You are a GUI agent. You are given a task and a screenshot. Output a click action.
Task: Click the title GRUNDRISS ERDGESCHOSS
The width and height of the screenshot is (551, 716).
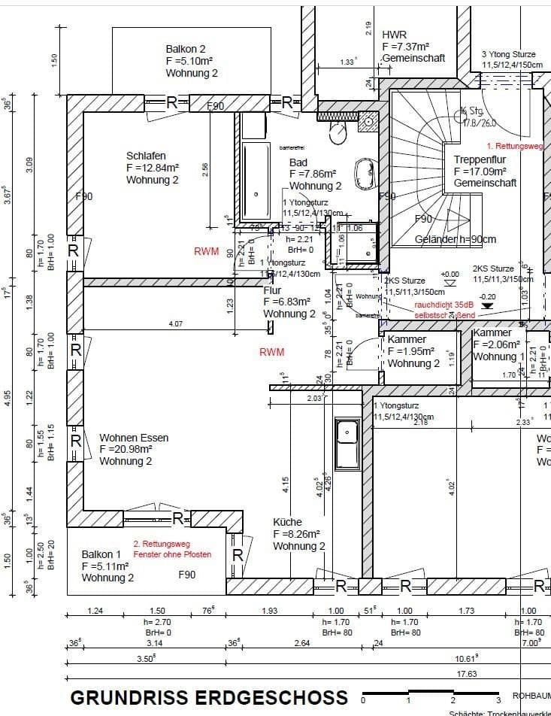coord(209,697)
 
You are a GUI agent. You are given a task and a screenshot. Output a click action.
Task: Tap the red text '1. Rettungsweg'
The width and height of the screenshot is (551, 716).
coord(515,146)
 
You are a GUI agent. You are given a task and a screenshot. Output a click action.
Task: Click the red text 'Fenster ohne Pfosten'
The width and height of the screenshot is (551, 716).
coord(172,554)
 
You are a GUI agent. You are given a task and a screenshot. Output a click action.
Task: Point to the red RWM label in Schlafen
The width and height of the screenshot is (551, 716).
coord(207,252)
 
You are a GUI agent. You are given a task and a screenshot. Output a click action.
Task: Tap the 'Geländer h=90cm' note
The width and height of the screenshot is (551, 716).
coord(456,240)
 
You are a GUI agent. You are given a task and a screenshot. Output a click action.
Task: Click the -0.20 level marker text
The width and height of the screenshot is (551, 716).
coord(488,296)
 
